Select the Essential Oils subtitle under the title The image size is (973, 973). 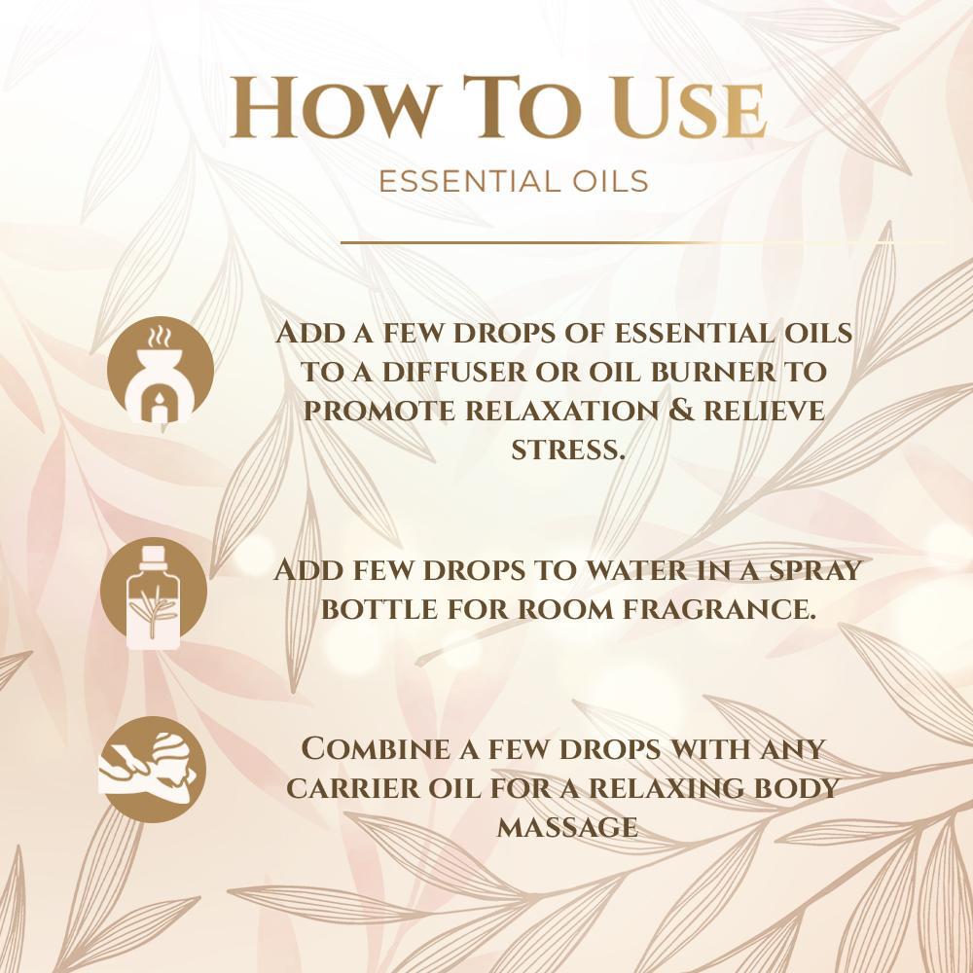pyautogui.click(x=514, y=182)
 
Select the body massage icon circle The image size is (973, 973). pyautogui.click(x=154, y=770)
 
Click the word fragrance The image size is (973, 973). pyautogui.click(x=718, y=609)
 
